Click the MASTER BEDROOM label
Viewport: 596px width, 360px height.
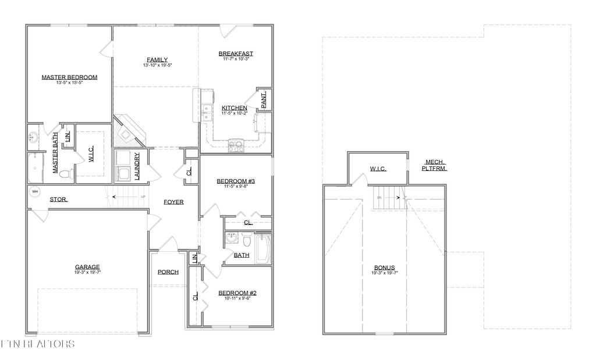69,77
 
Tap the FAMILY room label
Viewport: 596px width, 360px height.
157,59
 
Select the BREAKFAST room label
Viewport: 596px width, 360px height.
236,54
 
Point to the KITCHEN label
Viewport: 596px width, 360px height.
235,108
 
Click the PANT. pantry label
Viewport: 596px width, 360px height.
264,101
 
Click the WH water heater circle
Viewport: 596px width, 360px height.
34,193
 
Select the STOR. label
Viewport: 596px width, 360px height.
58,199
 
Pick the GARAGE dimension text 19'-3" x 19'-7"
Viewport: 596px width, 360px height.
87,272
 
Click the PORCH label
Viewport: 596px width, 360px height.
168,272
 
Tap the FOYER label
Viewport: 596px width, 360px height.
173,202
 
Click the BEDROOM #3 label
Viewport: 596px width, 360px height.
236,181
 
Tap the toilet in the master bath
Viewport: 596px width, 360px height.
67,173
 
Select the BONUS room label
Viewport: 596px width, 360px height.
384,268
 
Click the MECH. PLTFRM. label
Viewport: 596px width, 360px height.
435,165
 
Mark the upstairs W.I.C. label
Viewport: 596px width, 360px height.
378,169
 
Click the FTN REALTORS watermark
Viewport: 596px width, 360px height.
38,344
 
